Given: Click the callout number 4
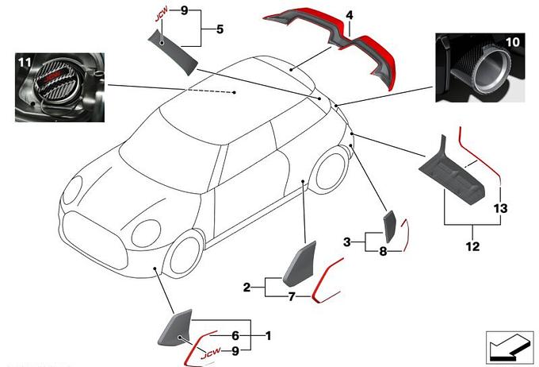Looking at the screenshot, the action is pyautogui.click(x=350, y=15).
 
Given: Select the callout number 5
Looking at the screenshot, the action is pyautogui.click(x=220, y=29).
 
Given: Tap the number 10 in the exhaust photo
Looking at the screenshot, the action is pyautogui.click(x=513, y=42).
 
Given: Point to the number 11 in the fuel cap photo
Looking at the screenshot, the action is pyautogui.click(x=25, y=63).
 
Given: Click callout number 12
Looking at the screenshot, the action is pyautogui.click(x=472, y=246).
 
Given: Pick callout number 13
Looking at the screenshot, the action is pyautogui.click(x=500, y=208).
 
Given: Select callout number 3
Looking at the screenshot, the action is pyautogui.click(x=347, y=242).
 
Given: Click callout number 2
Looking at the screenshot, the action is pyautogui.click(x=247, y=287).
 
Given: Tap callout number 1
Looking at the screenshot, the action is pyautogui.click(x=269, y=335).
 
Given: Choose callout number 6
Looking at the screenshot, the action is pyautogui.click(x=235, y=335).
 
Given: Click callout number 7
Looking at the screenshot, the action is pyautogui.click(x=292, y=296).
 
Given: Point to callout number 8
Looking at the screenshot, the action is pyautogui.click(x=384, y=251).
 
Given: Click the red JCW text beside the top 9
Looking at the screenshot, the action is pyautogui.click(x=161, y=14).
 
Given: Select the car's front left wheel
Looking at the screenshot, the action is pyautogui.click(x=182, y=252).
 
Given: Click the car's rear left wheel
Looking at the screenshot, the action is pyautogui.click(x=330, y=171).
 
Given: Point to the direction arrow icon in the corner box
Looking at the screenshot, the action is pyautogui.click(x=509, y=347).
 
